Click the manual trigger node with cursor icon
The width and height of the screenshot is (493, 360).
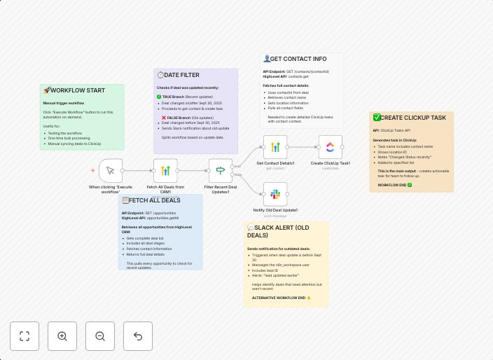tap(111, 170)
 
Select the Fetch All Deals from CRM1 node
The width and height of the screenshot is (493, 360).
tap(165, 170)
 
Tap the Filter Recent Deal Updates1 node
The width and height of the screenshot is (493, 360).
tap(220, 170)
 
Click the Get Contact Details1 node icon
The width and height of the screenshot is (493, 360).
tap(275, 147)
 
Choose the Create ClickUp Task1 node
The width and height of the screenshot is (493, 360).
tap(331, 147)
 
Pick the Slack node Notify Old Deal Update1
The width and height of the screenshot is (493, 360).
tap(275, 193)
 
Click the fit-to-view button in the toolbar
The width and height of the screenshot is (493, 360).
tap(25, 336)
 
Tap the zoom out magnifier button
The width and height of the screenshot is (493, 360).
tap(100, 336)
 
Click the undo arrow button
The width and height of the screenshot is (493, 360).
tap(138, 336)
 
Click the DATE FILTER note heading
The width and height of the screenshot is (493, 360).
tap(181, 75)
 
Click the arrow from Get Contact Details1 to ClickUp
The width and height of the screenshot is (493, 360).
tap(303, 147)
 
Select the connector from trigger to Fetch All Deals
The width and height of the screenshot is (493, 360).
tap(138, 170)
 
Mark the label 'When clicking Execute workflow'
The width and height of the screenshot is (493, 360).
tap(111, 189)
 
